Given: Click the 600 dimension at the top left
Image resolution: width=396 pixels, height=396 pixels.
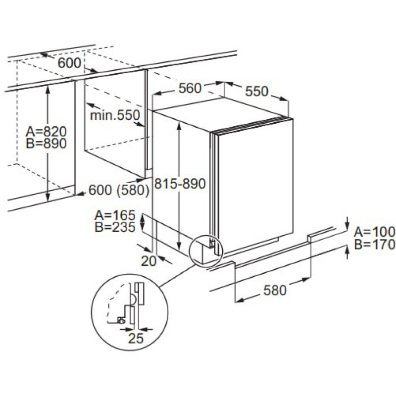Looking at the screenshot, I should [x=69, y=63].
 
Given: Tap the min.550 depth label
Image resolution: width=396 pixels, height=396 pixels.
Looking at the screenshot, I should [x=115, y=115].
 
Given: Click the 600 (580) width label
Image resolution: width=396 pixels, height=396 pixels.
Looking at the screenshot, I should [x=119, y=190].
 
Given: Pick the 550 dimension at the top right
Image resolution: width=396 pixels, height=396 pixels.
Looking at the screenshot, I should [x=256, y=91].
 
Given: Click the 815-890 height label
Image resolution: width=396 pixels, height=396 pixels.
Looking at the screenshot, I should [x=179, y=184].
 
